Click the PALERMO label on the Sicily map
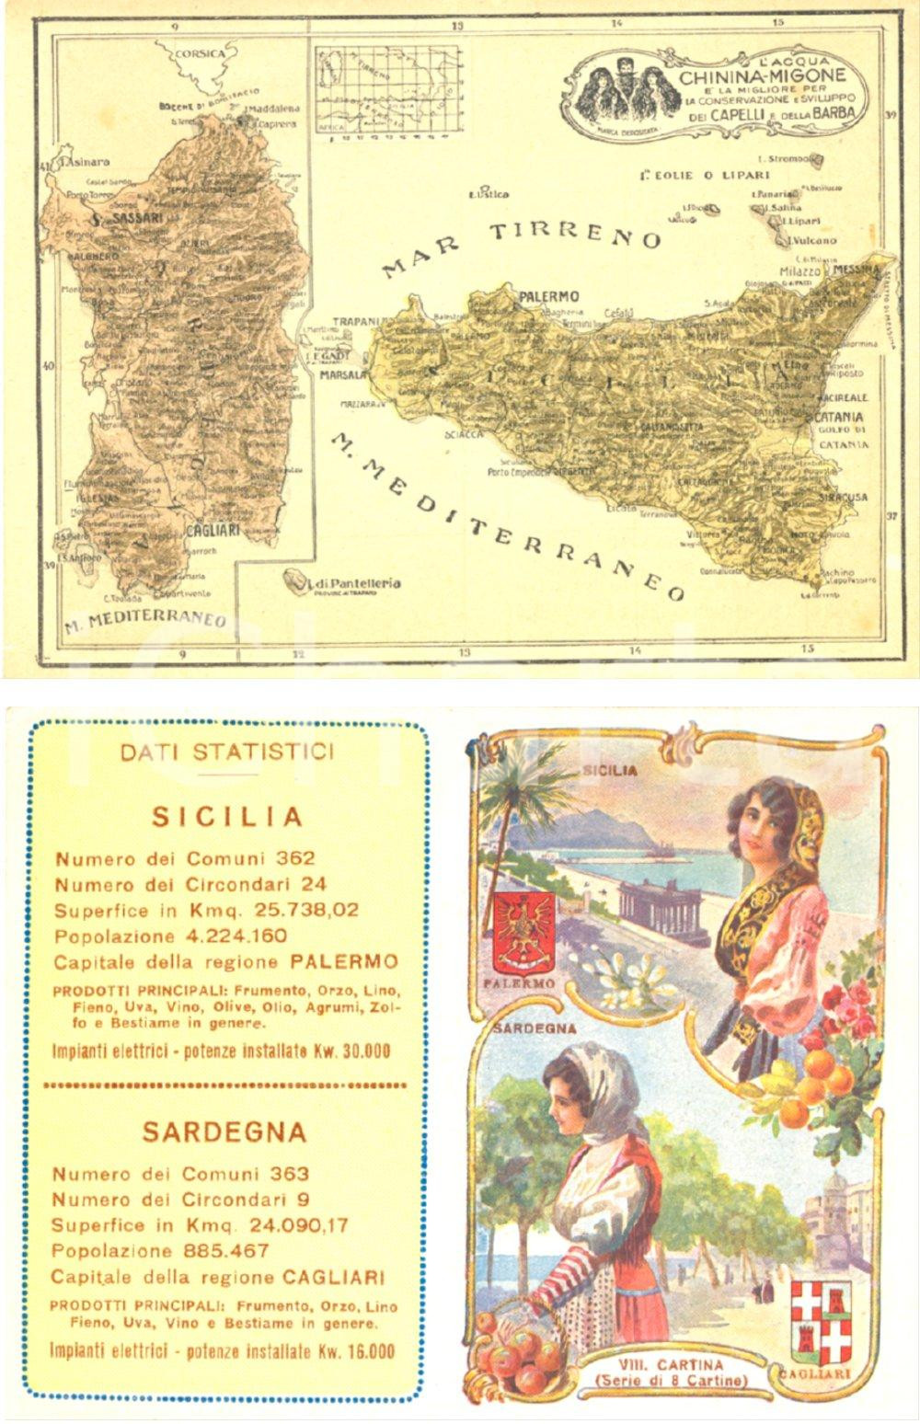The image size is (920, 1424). (x=549, y=296)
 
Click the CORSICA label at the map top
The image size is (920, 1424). (x=200, y=52)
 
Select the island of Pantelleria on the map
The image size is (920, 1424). (x=296, y=580)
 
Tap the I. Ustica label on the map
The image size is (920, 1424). (x=489, y=194)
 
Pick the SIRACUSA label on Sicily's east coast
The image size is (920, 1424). (x=842, y=497)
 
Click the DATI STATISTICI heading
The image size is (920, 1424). (x=227, y=752)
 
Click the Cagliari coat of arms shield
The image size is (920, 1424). (x=821, y=1321)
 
